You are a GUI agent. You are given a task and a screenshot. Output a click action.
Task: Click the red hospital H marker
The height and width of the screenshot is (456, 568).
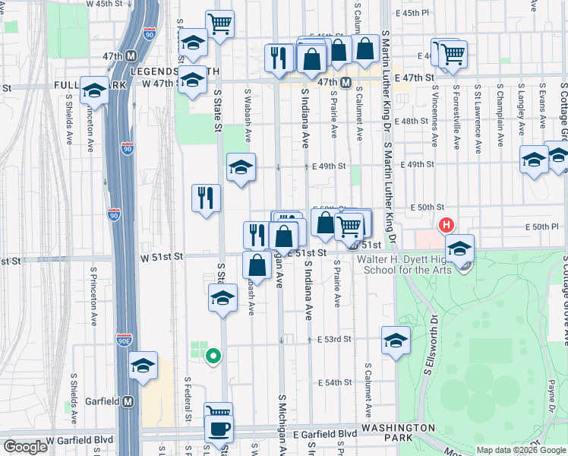point(447,226)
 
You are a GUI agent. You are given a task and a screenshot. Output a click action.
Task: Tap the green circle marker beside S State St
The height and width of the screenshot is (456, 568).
point(214,355)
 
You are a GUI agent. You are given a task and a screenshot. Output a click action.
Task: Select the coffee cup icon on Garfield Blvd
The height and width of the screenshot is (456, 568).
point(219,427)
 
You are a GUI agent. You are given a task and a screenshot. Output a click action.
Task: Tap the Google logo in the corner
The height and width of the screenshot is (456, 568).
point(25,447)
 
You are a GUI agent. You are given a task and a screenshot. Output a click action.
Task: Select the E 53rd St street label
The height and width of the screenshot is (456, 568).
point(334,339)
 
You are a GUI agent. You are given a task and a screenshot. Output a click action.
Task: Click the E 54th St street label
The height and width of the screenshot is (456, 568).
point(334,382)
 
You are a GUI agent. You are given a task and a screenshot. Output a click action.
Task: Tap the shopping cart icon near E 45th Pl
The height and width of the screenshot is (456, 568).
point(453,53)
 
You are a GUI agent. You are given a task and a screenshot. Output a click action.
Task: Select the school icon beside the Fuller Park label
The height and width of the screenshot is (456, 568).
point(94,90)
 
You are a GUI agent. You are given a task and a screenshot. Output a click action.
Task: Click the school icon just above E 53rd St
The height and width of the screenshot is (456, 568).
point(396,341)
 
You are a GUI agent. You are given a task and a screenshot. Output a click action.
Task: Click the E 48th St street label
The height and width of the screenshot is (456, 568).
point(413,122)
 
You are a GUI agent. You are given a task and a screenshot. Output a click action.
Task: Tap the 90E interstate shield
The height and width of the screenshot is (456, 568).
point(125,340)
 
